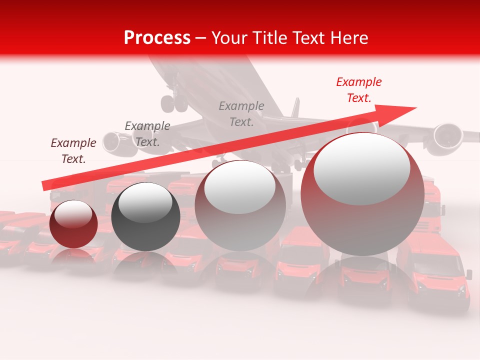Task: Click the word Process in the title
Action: click(157, 37)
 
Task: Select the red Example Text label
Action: click(358, 90)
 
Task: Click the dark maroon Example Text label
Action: click(73, 151)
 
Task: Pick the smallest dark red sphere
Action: click(74, 224)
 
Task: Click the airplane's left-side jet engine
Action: click(114, 142)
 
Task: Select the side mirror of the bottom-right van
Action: click(468, 274)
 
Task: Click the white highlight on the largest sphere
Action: click(361, 167)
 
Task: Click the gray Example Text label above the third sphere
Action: click(241, 113)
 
